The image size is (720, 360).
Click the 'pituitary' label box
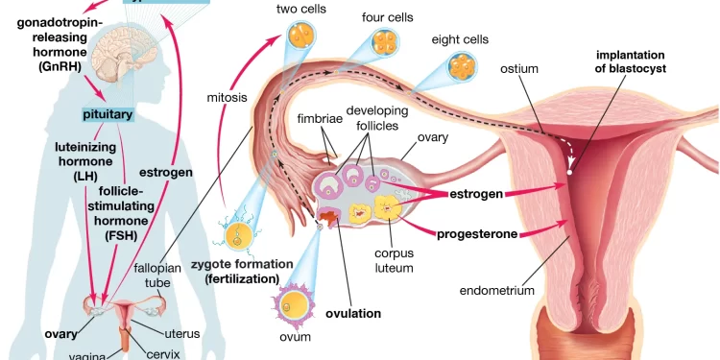tap(108, 115)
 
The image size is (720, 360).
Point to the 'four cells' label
tap(387, 16)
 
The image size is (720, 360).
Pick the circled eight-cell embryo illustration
tap(460, 68)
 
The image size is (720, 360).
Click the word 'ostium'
tap(519, 69)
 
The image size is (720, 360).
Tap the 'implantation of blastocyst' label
tap(631, 61)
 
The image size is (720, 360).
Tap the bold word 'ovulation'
tap(353, 314)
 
